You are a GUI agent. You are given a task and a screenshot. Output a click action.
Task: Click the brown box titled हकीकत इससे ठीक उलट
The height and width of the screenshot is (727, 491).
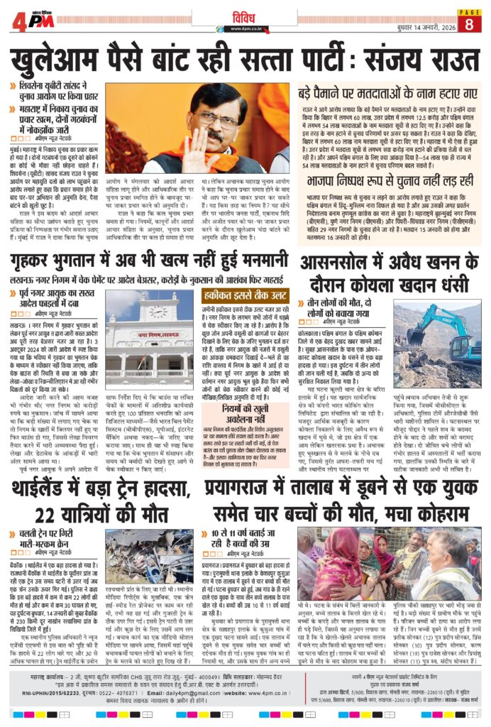245,296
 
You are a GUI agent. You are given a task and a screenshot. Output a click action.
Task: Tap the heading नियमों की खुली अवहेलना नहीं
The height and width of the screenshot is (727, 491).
245,393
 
